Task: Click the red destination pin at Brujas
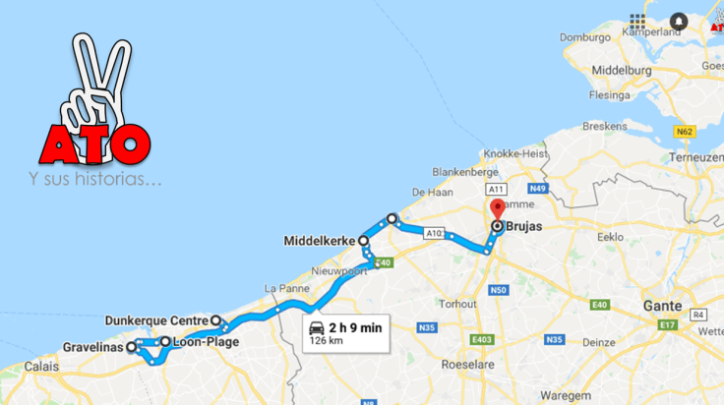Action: coord(497,209)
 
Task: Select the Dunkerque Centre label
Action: coord(155,319)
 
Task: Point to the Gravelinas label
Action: coord(91,347)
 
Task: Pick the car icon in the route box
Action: coord(315,327)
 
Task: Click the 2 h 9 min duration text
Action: coord(355,327)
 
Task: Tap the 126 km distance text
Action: coord(327,342)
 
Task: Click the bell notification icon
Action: coord(678,21)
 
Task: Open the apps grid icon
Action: coord(638,21)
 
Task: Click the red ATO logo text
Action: coord(94,145)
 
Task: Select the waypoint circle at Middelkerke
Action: coord(363,240)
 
